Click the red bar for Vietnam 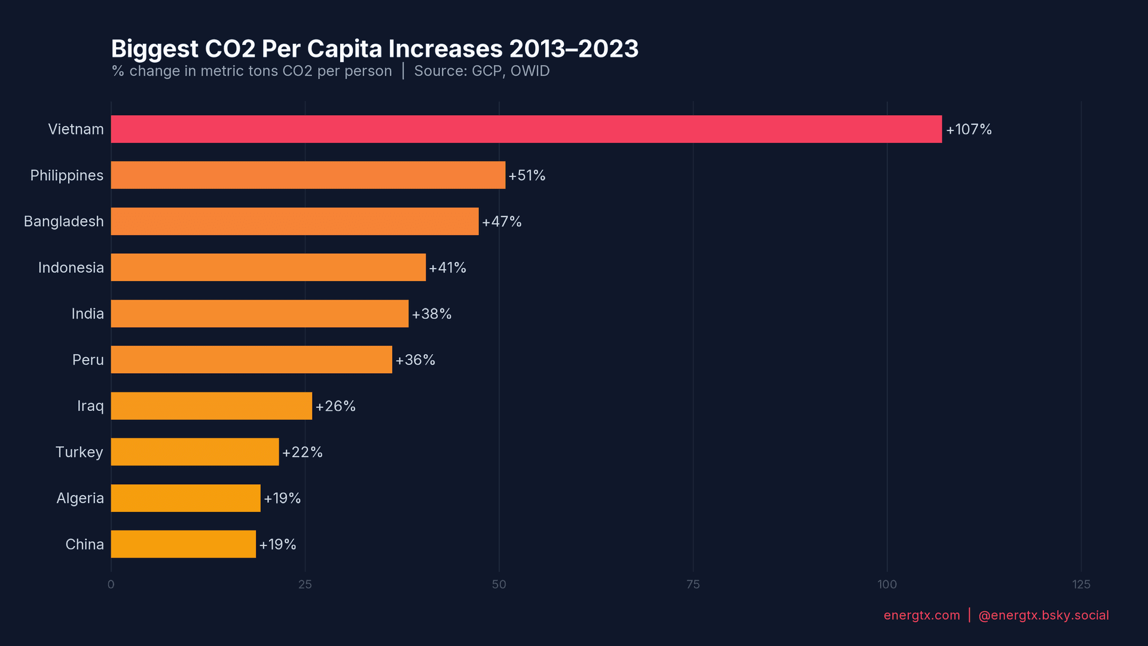pyautogui.click(x=526, y=129)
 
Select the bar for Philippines pyautogui.click(x=308, y=175)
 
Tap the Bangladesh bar pyautogui.click(x=295, y=221)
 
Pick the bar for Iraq pyautogui.click(x=211, y=406)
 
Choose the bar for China pyautogui.click(x=183, y=544)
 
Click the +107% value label pyautogui.click(x=969, y=129)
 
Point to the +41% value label pyautogui.click(x=447, y=267)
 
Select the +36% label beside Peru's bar pyautogui.click(x=415, y=360)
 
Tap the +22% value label pyautogui.click(x=302, y=452)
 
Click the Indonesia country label pyautogui.click(x=71, y=267)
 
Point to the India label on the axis pyautogui.click(x=87, y=313)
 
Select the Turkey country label pyautogui.click(x=79, y=452)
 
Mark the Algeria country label pyautogui.click(x=80, y=498)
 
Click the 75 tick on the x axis pyautogui.click(x=693, y=584)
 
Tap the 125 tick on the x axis pyautogui.click(x=1081, y=584)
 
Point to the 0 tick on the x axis pyautogui.click(x=111, y=584)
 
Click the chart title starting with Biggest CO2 pyautogui.click(x=374, y=49)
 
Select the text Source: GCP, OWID pyautogui.click(x=481, y=71)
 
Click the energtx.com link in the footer pyautogui.click(x=921, y=615)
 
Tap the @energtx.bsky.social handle pyautogui.click(x=1043, y=615)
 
